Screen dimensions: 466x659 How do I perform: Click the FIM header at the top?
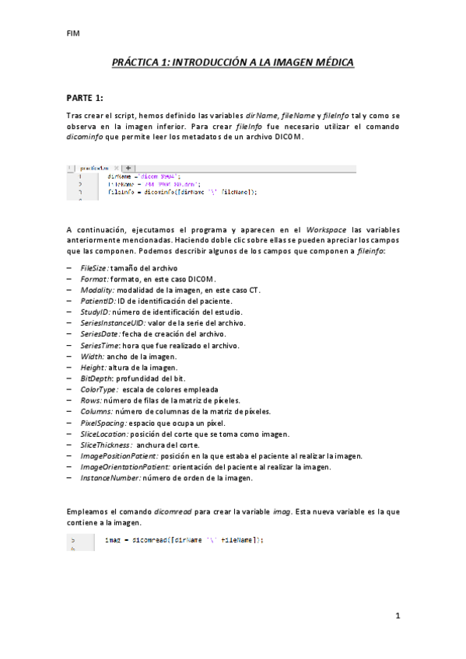(73, 34)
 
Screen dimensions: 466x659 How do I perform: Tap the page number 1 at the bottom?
(397, 615)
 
